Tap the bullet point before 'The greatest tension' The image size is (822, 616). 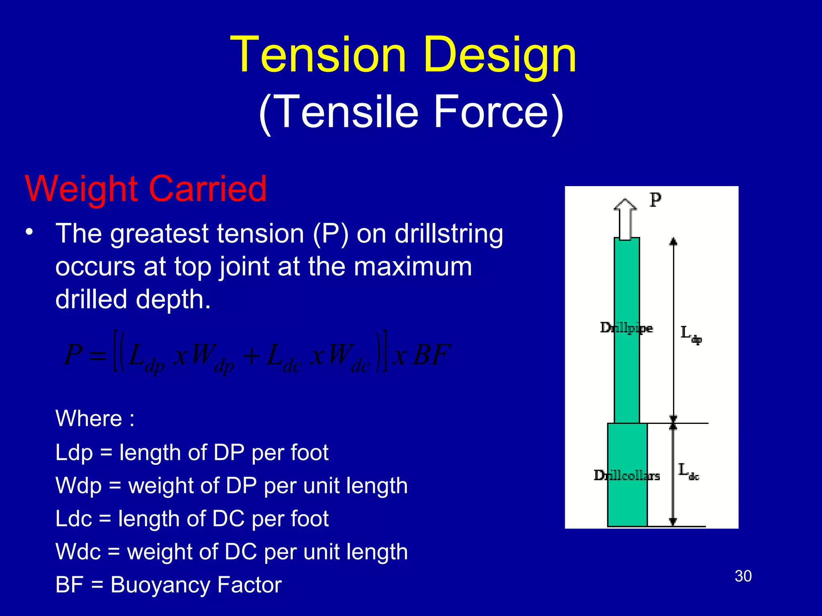point(29,233)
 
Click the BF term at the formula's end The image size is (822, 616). point(432,355)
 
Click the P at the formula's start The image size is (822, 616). point(73,355)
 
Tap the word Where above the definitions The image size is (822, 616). point(89,419)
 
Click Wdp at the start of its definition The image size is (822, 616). point(79,486)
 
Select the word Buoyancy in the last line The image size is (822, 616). point(160,585)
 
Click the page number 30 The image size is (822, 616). point(743,576)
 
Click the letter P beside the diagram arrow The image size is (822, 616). point(655,200)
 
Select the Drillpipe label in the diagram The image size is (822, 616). point(626,328)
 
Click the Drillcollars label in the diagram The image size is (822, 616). point(627,476)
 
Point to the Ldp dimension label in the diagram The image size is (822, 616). point(690,334)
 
